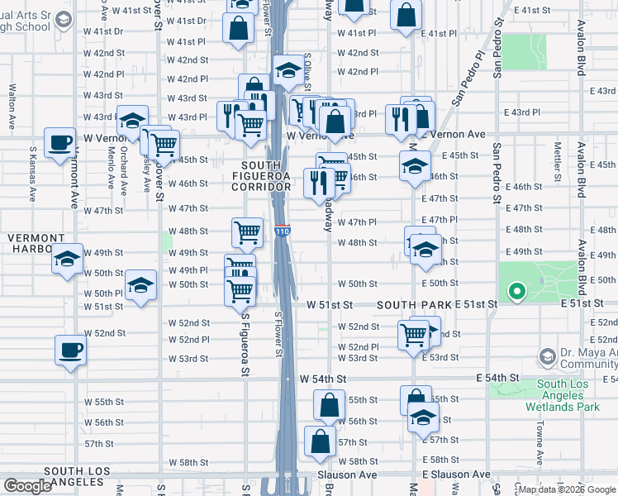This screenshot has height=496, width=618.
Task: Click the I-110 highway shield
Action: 283,233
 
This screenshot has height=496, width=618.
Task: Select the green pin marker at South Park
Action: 517,292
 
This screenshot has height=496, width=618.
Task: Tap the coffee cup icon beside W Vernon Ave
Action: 59,142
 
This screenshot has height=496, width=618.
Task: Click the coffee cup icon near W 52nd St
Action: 71,350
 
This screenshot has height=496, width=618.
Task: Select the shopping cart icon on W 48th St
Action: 248,234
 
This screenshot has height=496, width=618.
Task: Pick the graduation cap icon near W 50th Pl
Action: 141,289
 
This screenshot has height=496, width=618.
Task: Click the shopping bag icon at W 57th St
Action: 321,442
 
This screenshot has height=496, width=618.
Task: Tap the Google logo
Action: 27,486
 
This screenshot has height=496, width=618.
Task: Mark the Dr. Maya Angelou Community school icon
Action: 546,357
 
